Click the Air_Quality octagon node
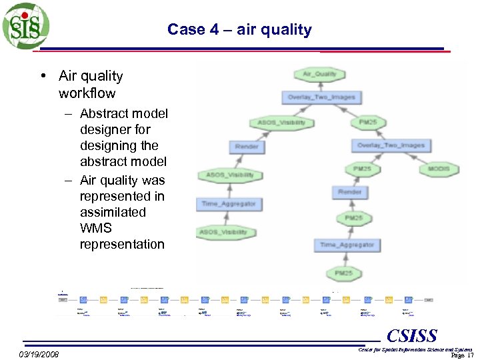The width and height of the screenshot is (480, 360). [320, 74]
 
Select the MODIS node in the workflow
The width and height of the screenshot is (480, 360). [439, 169]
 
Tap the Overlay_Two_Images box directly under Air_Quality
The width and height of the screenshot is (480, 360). [321, 97]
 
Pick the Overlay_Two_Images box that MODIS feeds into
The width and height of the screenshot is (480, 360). [390, 145]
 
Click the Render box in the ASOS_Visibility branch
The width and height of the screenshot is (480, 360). [247, 147]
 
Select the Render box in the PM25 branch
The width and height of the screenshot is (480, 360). [350, 192]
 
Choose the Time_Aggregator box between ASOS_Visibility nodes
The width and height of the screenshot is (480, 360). [229, 204]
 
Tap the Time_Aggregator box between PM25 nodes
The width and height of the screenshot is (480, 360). [347, 245]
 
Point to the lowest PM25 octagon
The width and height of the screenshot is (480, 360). [344, 273]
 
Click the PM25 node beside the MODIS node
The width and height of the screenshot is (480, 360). [361, 169]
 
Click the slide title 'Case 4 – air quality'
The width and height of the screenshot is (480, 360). [239, 29]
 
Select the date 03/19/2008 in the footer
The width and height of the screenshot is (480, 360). [39, 354]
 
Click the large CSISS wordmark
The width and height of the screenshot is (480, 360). [411, 335]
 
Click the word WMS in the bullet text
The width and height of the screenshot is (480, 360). [96, 228]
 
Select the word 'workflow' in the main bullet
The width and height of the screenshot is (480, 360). [87, 93]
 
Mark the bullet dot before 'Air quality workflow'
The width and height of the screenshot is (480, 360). [43, 76]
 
